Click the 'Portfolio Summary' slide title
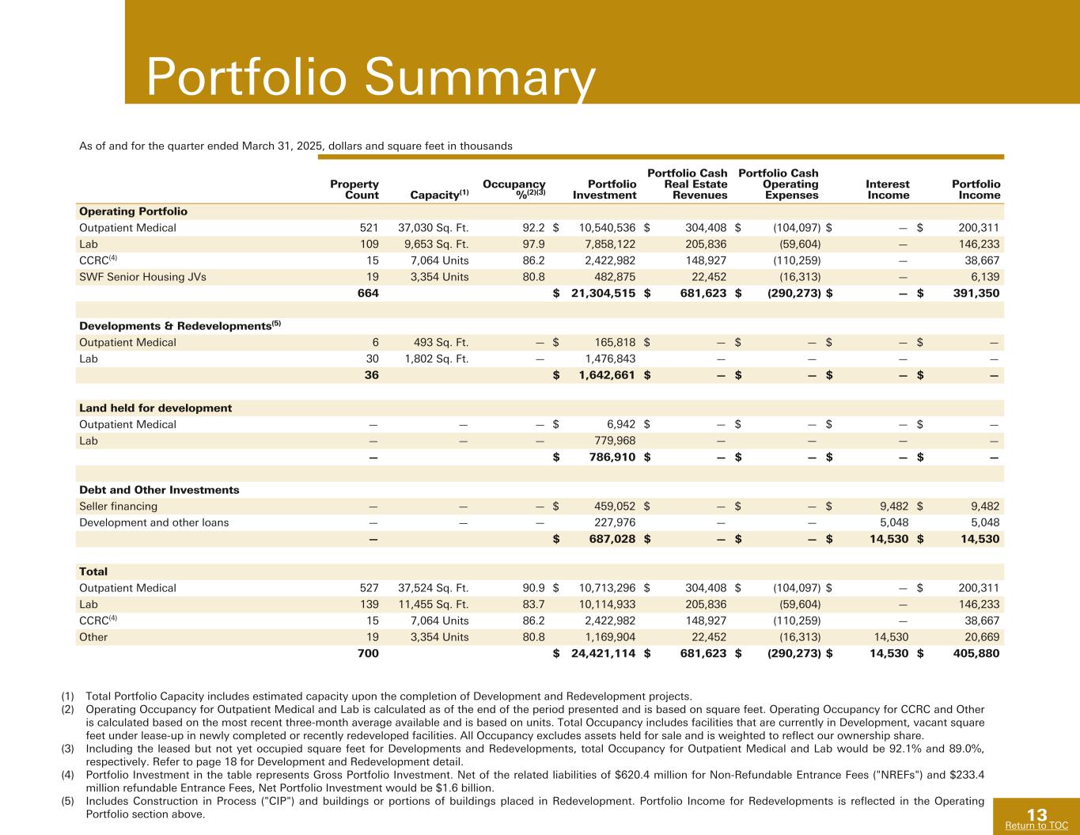point(370,78)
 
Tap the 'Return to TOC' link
point(1036,826)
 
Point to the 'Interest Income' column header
point(888,189)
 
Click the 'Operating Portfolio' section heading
point(133,211)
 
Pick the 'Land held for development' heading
point(155,408)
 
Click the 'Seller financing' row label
point(118,507)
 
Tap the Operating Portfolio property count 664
point(368,294)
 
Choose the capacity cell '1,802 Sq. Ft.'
point(436,359)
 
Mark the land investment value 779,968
point(615,441)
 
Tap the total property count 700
point(368,654)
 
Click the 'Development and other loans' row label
point(153,522)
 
